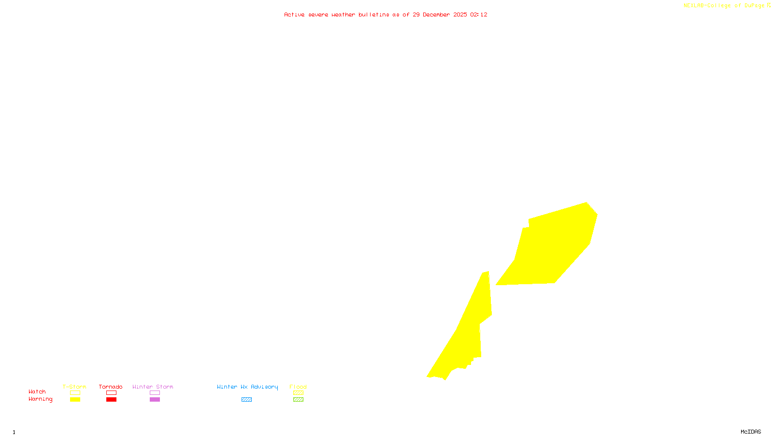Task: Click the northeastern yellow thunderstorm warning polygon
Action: [x=556, y=246]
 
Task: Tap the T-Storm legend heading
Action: [x=74, y=387]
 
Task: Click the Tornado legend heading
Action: [x=111, y=387]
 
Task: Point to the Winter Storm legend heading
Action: [x=153, y=387]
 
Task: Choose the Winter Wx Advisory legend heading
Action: [x=247, y=387]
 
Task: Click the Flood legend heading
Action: [x=298, y=387]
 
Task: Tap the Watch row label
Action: [x=37, y=391]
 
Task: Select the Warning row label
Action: [x=41, y=399]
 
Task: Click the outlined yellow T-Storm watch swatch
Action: [x=75, y=393]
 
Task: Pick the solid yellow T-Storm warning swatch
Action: [x=75, y=400]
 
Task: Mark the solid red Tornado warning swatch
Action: [x=112, y=400]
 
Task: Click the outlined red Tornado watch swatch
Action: [x=112, y=393]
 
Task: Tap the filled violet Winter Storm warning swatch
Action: [x=155, y=400]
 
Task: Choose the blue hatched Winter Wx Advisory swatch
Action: [x=246, y=400]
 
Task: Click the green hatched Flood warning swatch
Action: [x=298, y=400]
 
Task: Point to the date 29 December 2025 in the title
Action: [x=440, y=14]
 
